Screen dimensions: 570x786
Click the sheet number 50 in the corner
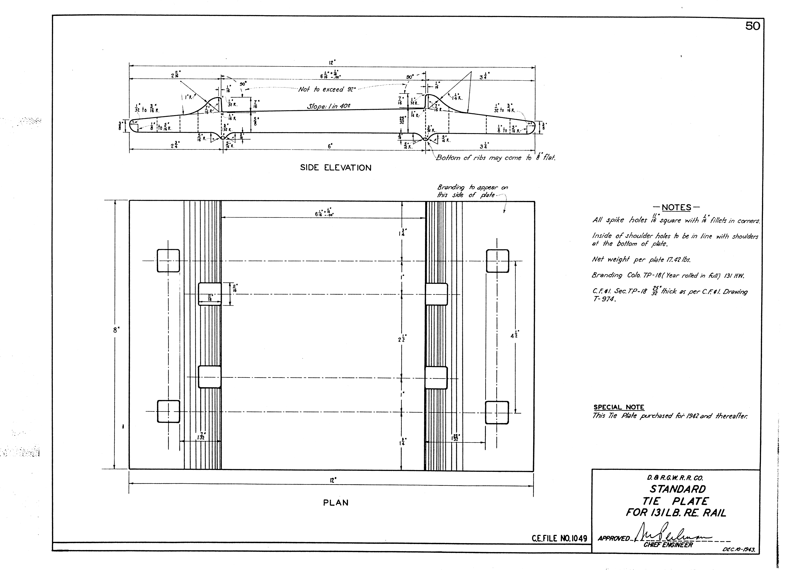[752, 26]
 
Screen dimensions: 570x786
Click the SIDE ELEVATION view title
[335, 168]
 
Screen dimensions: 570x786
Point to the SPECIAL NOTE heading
[618, 407]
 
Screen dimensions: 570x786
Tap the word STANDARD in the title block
[678, 489]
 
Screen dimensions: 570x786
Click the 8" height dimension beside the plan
[116, 330]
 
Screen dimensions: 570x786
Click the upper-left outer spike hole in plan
[168, 261]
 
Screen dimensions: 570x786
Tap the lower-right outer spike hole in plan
[497, 412]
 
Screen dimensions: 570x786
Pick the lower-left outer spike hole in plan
[168, 412]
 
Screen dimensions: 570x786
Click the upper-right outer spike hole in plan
[497, 261]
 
